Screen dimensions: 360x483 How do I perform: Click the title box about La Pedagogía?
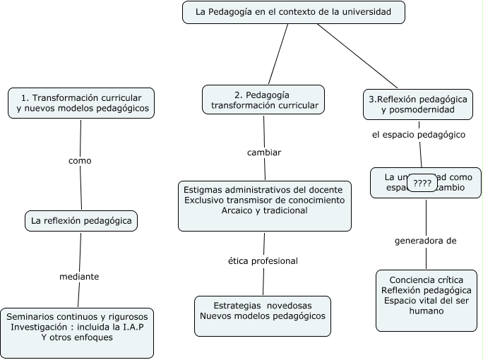pyautogui.click(x=294, y=12)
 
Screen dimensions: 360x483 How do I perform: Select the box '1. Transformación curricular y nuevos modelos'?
pyautogui.click(x=81, y=103)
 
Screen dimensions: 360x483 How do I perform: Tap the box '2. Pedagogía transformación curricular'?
pyautogui.click(x=263, y=100)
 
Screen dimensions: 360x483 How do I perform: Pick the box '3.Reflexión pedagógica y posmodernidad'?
pyautogui.click(x=419, y=104)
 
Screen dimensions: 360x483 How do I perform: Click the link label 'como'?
pyautogui.click(x=80, y=160)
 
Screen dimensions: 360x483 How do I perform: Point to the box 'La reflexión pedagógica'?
pyautogui.click(x=81, y=221)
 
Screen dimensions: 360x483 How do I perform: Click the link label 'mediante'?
pyautogui.click(x=78, y=276)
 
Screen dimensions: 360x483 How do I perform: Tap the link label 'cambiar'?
pyautogui.click(x=264, y=152)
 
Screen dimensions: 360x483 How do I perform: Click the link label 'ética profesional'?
pyautogui.click(x=263, y=260)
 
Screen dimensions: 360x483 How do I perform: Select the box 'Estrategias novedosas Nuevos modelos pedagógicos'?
pyautogui.click(x=263, y=311)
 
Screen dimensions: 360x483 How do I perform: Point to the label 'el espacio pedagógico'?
pyautogui.click(x=418, y=134)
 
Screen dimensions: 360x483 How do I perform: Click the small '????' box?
pyautogui.click(x=422, y=183)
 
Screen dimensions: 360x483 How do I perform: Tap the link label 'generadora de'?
pyautogui.click(x=425, y=241)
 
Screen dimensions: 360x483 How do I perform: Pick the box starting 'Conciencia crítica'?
pyautogui.click(x=426, y=300)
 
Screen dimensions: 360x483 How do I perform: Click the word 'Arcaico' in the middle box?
pyautogui.click(x=239, y=210)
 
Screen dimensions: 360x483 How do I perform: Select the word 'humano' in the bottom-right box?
pyautogui.click(x=426, y=311)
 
